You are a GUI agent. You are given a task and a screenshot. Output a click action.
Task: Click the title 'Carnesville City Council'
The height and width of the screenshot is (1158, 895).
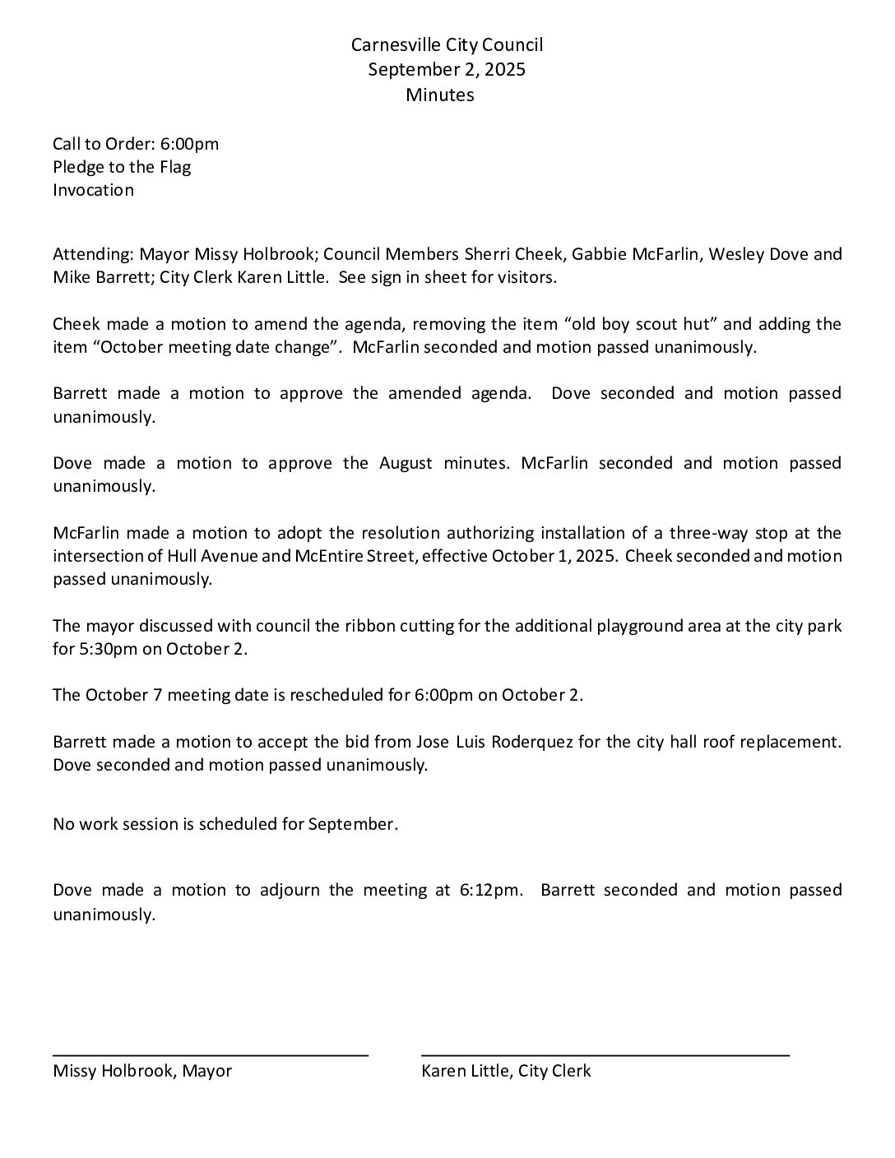tap(447, 45)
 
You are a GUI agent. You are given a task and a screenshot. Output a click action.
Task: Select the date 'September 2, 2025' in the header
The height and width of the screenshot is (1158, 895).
tap(447, 70)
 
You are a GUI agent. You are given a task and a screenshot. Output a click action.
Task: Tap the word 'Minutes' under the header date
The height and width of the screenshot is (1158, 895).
tap(440, 95)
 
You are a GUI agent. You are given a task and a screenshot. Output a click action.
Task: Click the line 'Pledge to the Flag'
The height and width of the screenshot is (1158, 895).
tap(122, 168)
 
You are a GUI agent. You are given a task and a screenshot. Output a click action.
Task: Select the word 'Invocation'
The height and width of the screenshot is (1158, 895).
tap(93, 191)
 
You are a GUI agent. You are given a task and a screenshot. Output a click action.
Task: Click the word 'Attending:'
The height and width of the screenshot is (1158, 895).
tap(93, 254)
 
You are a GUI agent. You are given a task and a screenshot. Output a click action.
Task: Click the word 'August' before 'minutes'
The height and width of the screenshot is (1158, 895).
tap(406, 463)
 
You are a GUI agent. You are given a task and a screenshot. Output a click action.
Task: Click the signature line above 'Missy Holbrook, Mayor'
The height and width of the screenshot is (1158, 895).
tap(211, 1054)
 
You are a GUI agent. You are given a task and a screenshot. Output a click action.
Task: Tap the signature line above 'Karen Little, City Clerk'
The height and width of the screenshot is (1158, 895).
tap(605, 1054)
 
